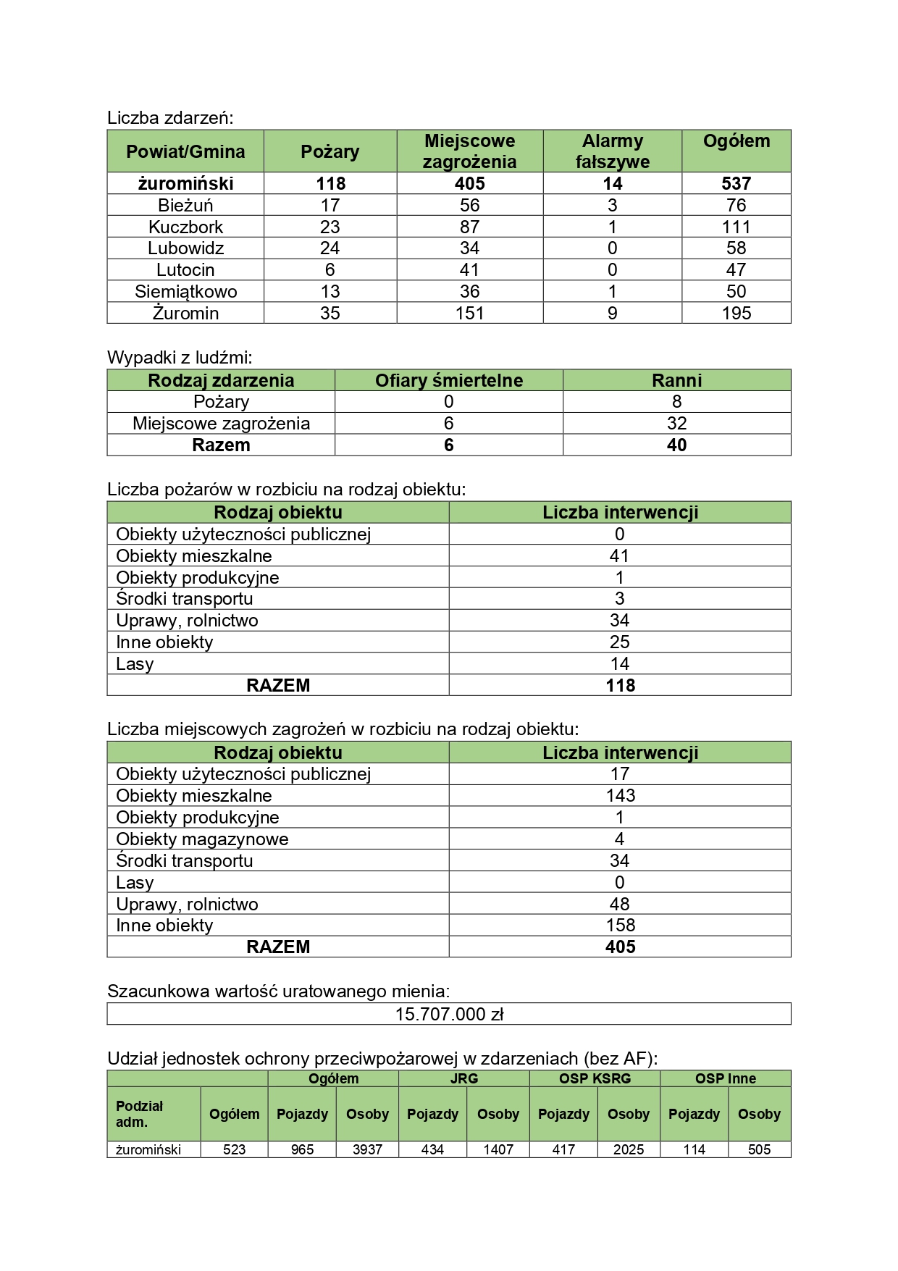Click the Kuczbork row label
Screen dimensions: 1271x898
185,227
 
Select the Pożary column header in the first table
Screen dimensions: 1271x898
330,151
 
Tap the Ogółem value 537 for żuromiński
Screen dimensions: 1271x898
736,183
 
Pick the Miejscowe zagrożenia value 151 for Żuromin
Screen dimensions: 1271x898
469,313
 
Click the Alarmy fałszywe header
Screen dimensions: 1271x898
612,151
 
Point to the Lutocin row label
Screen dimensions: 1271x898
185,270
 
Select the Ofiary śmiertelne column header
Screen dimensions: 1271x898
448,380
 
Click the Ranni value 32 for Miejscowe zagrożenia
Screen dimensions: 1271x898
676,424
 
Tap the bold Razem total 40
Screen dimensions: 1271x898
676,445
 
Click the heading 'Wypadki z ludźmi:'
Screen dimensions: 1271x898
180,357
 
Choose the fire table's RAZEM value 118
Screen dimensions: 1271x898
620,685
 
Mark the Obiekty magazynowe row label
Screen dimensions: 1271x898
202,839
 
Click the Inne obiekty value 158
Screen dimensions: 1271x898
620,925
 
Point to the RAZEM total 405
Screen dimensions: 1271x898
620,947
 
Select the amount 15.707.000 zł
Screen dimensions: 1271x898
449,1014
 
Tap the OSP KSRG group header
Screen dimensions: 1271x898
595,1078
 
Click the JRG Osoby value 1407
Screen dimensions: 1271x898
498,1149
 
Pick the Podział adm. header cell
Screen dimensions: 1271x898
140,1114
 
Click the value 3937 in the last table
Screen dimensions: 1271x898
367,1149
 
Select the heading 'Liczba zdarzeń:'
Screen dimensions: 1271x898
170,117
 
